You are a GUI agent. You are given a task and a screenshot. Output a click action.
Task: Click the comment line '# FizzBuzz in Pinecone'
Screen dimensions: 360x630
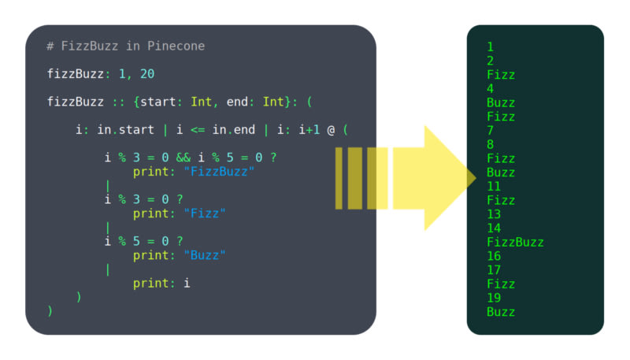coord(125,46)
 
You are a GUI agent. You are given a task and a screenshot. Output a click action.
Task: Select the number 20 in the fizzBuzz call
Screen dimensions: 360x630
coord(147,74)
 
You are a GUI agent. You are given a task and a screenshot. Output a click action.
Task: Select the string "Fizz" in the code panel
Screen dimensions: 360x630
coord(205,213)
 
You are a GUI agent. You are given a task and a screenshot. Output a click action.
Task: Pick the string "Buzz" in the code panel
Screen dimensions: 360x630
coord(205,255)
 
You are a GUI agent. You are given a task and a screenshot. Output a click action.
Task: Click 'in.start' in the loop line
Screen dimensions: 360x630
coord(126,130)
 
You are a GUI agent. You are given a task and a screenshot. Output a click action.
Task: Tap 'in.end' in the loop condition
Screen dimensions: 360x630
coord(233,130)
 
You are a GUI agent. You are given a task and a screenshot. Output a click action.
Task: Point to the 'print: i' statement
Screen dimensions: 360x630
coord(161,283)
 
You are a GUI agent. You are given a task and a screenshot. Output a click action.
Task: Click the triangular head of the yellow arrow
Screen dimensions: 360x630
coord(449,178)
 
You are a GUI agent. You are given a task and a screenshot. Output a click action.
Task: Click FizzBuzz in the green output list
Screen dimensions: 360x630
coord(515,243)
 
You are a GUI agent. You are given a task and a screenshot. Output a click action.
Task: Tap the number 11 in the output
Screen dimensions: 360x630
coord(494,187)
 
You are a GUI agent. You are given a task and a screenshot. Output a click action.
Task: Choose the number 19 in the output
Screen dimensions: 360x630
coord(494,299)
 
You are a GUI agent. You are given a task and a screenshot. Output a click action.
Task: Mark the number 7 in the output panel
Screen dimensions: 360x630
coord(490,131)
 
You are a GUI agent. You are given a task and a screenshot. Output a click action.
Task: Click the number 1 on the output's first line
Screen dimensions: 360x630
coord(490,47)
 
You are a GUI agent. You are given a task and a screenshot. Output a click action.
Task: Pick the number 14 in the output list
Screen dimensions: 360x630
coord(494,228)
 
